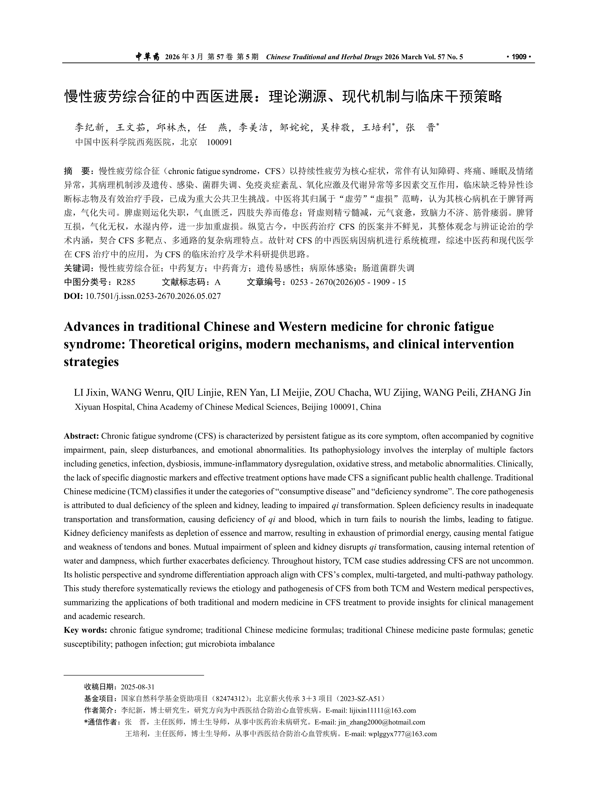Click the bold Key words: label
[85, 630]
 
